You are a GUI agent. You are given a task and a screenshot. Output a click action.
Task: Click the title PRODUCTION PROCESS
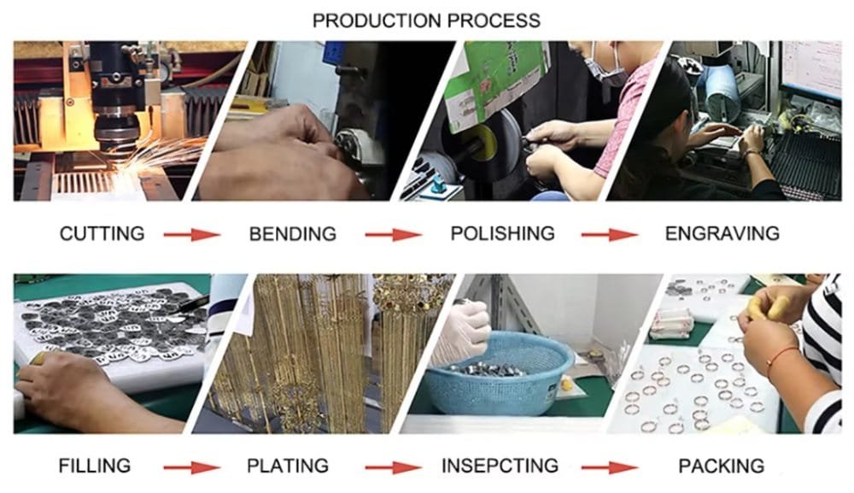coord(426,20)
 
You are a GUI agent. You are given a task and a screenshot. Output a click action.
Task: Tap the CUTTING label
coord(102,233)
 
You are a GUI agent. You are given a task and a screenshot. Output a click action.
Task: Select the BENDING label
coord(292,233)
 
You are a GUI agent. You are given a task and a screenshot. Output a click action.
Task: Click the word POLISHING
coord(502,233)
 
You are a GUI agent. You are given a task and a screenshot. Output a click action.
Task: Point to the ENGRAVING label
coord(722,233)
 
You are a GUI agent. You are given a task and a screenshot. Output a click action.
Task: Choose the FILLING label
coord(95,466)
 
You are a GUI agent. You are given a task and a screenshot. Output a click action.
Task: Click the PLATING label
coord(288,466)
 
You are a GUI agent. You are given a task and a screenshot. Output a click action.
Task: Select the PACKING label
coord(721,466)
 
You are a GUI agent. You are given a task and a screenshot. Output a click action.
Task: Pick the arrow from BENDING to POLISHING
coord(394,234)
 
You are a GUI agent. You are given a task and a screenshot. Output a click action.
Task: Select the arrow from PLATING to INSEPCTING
coord(394,467)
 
